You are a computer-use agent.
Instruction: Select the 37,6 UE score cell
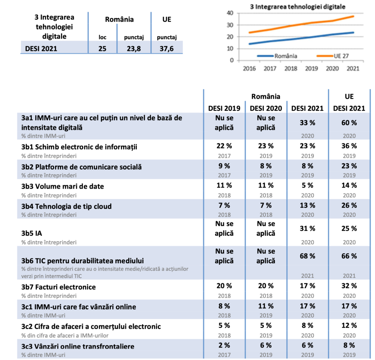(167, 48)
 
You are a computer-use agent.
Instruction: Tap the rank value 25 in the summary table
(102, 48)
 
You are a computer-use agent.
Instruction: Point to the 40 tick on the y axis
(230, 13)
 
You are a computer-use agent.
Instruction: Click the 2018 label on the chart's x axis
(290, 68)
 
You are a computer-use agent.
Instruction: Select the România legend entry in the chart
(277, 56)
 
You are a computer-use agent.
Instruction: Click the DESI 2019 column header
(224, 108)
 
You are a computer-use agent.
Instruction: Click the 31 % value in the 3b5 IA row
(307, 229)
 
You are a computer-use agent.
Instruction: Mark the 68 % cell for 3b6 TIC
(307, 256)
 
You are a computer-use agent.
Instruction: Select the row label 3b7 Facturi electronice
(59, 287)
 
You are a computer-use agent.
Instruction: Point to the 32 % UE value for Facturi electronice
(349, 286)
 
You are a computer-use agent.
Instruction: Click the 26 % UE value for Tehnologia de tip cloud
(349, 205)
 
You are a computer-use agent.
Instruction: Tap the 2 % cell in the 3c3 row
(224, 345)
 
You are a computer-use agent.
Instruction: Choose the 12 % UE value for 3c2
(349, 325)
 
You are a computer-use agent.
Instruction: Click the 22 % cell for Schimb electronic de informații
(224, 146)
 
